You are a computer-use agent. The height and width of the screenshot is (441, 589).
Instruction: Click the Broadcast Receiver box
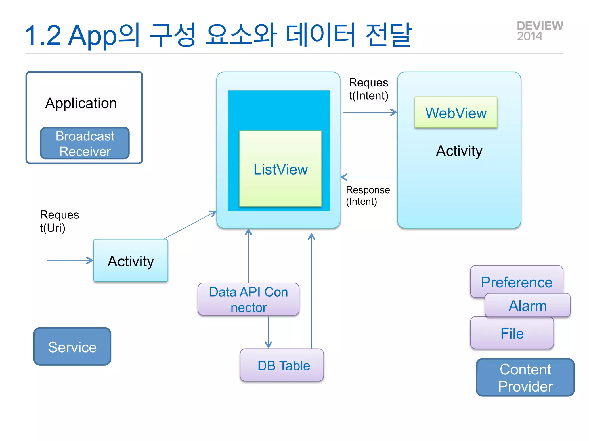[x=85, y=143]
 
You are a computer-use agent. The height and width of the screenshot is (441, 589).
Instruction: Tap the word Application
[x=81, y=103]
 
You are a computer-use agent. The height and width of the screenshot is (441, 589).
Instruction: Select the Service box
[x=72, y=347]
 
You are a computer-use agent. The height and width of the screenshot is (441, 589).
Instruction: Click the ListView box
[x=280, y=169]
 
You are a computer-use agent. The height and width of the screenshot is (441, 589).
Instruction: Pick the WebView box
[x=456, y=113]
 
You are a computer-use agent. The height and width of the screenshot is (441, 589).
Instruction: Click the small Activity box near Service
[x=131, y=261]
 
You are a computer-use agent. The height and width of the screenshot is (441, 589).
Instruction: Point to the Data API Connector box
[x=248, y=299]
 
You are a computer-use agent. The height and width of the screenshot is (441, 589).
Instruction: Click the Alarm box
[x=528, y=305]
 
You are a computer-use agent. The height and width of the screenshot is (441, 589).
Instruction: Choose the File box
[x=512, y=333]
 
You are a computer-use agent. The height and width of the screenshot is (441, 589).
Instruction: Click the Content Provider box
[x=525, y=378]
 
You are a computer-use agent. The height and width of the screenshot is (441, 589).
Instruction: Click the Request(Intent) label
[x=368, y=89]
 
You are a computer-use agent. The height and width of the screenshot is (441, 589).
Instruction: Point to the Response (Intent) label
[x=368, y=196]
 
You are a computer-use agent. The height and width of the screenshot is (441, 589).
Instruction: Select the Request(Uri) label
[x=59, y=221]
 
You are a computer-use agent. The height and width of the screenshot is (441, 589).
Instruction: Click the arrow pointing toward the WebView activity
[x=370, y=112]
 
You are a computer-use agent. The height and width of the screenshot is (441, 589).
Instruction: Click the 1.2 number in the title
[x=43, y=36]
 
